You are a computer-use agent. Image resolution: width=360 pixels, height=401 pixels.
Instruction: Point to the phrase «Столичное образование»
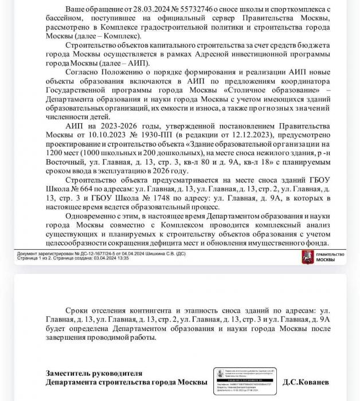272,91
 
